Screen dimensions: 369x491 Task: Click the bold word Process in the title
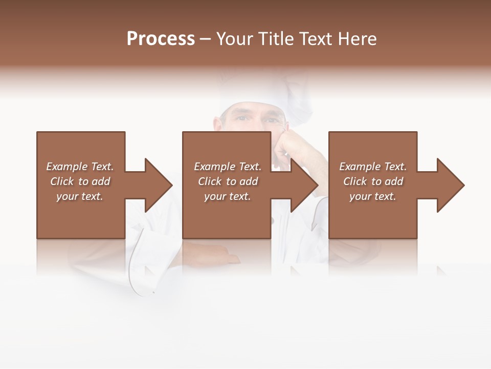click(x=161, y=39)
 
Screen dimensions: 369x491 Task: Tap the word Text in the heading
click(x=315, y=39)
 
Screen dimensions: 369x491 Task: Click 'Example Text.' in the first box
click(x=80, y=167)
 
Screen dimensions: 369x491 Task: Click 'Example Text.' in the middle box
click(x=228, y=167)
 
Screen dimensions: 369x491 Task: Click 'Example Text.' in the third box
click(x=373, y=167)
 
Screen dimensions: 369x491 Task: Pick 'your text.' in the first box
click(x=80, y=196)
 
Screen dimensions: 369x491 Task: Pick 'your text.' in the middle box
click(x=228, y=196)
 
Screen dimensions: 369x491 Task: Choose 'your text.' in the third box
click(x=373, y=196)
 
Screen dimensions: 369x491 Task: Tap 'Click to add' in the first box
click(x=80, y=181)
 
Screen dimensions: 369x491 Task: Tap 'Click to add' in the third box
click(x=373, y=181)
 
